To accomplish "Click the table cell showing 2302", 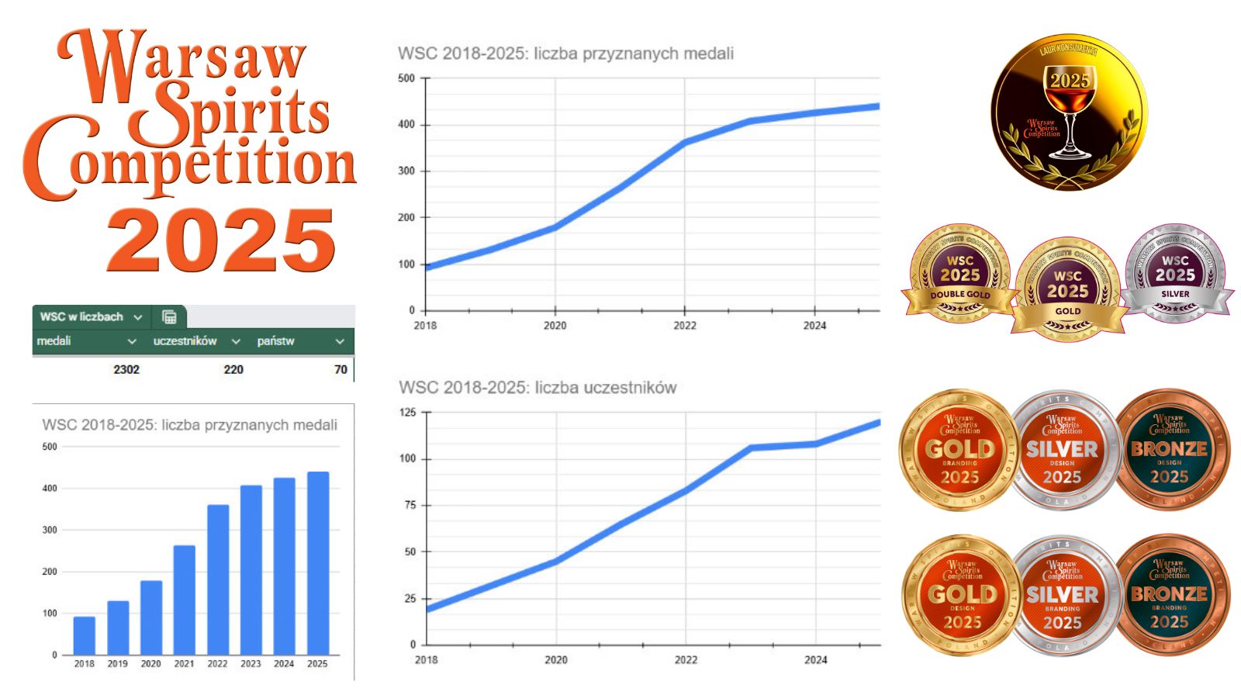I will pyautogui.click(x=126, y=369).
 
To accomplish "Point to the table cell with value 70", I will pyautogui.click(x=340, y=369).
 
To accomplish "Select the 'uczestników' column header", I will pyautogui.click(x=185, y=341).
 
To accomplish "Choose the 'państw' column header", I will pyautogui.click(x=276, y=341).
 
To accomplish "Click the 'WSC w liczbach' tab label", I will pyautogui.click(x=81, y=316).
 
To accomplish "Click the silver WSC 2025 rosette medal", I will pyautogui.click(x=1175, y=273).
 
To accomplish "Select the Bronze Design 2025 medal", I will pyautogui.click(x=1170, y=450).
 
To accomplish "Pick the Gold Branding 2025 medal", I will pyautogui.click(x=959, y=450).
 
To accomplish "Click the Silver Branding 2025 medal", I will pyautogui.click(x=1063, y=596).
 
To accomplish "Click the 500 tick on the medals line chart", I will pyautogui.click(x=406, y=78).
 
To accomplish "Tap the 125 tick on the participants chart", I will pyautogui.click(x=407, y=412).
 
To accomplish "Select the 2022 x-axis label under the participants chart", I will pyautogui.click(x=686, y=660).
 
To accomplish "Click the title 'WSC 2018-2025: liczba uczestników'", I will pyautogui.click(x=538, y=388).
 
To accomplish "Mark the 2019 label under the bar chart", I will pyautogui.click(x=117, y=664).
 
